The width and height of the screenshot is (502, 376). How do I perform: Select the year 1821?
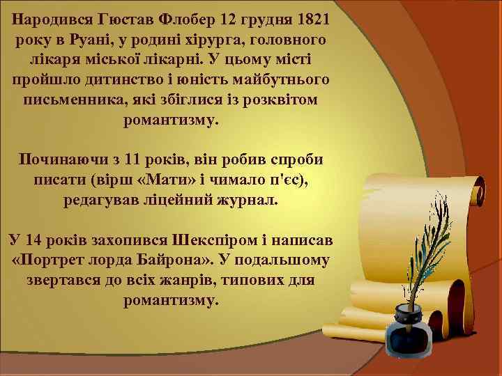click(x=313, y=15)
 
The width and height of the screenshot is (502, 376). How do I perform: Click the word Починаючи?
click(x=59, y=159)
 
